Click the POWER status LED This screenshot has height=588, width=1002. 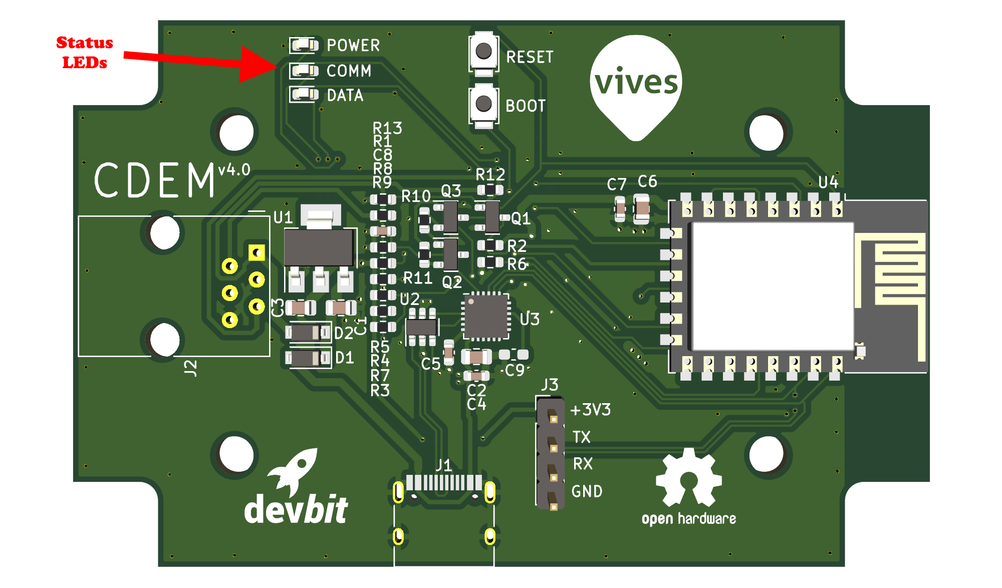pos(305,46)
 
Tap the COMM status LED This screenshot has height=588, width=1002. pos(305,71)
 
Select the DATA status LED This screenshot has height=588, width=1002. pos(305,94)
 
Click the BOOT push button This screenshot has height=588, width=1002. pos(483,104)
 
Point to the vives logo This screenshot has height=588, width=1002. pos(636,83)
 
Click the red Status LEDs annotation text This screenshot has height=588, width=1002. pos(84,52)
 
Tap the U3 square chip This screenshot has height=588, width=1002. pos(485,317)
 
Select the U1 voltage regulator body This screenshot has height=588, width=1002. pos(319,247)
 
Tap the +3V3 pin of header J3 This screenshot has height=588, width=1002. pos(553,417)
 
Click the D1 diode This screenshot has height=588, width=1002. pos(305,358)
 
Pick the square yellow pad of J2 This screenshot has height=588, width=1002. pos(257,252)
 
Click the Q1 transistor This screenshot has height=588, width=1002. pos(492,217)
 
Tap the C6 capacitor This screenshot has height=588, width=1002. pos(642,209)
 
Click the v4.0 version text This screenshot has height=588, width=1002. pos(234,170)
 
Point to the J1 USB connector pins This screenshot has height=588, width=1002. pos(444,483)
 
